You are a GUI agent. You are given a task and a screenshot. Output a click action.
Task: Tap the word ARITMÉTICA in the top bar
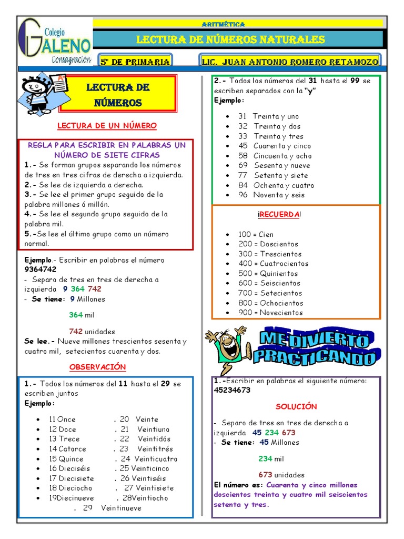(x=223, y=24)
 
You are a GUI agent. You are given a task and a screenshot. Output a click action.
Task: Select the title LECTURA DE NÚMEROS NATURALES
(x=230, y=40)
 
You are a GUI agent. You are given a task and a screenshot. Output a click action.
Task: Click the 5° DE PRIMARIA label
(x=135, y=62)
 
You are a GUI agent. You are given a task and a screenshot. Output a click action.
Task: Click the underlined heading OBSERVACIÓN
(x=98, y=367)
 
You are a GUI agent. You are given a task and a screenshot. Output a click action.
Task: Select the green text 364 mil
(x=82, y=315)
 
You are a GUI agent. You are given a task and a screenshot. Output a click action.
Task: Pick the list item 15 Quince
(x=66, y=458)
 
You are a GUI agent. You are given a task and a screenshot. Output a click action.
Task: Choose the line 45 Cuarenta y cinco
(x=274, y=146)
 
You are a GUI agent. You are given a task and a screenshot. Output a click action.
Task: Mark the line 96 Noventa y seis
(x=271, y=195)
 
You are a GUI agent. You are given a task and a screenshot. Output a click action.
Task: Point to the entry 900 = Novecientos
(x=270, y=313)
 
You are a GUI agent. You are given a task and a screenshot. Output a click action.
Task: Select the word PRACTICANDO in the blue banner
(x=314, y=358)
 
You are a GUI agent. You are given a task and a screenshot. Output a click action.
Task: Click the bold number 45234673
(x=232, y=390)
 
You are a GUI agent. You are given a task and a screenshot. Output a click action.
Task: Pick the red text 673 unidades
(x=281, y=475)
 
